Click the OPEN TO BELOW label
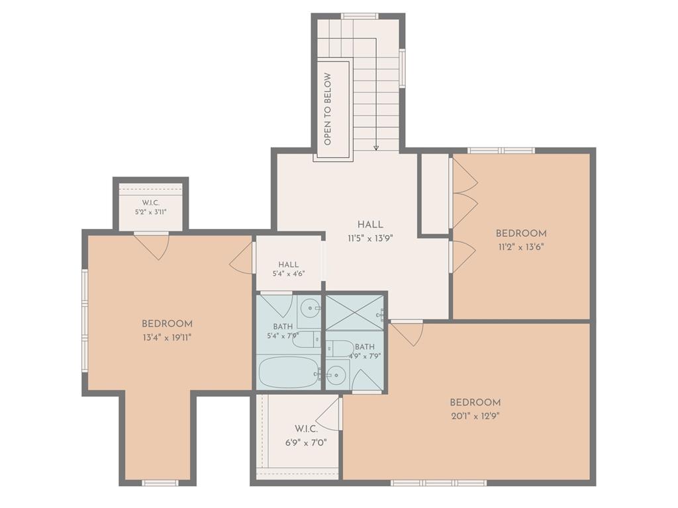click(x=327, y=109)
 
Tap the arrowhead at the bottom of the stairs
click(x=376, y=148)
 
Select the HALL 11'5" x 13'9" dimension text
click(x=370, y=238)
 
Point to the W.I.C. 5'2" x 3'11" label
click(x=150, y=207)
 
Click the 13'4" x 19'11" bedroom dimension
click(x=167, y=337)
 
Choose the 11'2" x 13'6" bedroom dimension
click(x=521, y=247)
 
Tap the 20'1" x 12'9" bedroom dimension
click(x=475, y=417)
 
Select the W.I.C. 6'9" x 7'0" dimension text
click(x=306, y=443)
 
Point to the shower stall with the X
click(x=355, y=313)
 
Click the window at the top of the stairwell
click(x=360, y=17)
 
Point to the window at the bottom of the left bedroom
click(x=160, y=482)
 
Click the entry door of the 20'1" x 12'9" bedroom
click(x=407, y=333)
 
